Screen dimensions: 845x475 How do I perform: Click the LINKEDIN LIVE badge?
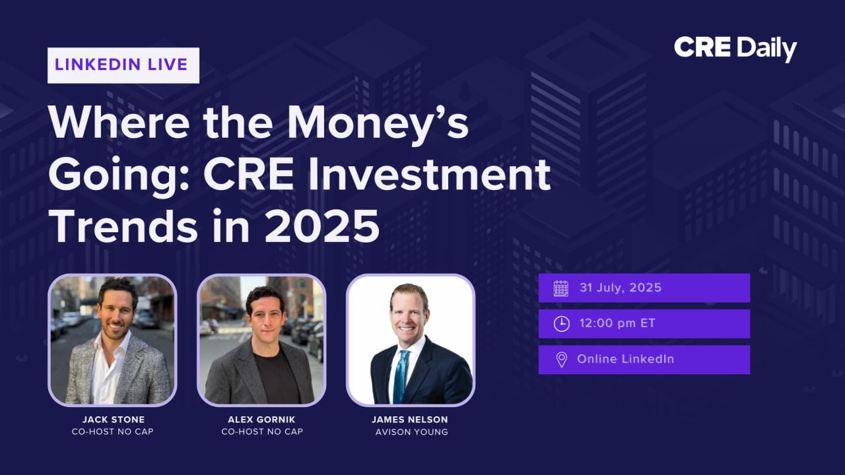tap(123, 65)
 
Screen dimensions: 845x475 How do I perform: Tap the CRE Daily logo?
tap(735, 49)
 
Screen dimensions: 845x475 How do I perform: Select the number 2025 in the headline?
tap(321, 226)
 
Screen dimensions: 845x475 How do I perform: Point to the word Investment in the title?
tap(429, 175)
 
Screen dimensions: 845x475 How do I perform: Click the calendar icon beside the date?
tap(561, 288)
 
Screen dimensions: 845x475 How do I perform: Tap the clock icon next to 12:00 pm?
tap(561, 324)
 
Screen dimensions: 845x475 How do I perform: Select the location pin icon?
tap(561, 360)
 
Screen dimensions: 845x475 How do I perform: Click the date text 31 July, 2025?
tap(621, 288)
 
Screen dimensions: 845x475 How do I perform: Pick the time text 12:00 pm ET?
tap(617, 323)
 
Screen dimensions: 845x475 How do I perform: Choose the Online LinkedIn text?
tap(625, 359)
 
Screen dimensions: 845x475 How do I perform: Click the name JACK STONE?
tap(114, 420)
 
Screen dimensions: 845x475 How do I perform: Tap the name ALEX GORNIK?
tap(261, 420)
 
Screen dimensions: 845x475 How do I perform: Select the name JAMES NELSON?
tap(410, 420)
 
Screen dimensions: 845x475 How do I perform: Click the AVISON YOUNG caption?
tap(411, 432)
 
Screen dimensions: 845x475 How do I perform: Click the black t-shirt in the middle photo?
tap(277, 378)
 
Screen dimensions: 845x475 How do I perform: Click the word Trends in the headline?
tap(123, 226)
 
